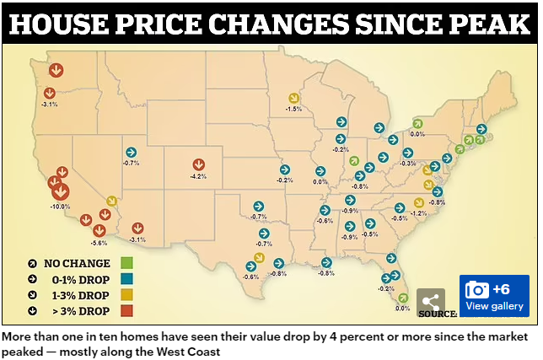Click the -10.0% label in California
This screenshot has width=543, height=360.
60,206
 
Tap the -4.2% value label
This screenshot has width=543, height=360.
199,177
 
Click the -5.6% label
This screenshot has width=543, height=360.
99,242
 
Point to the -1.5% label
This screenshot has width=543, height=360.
293,109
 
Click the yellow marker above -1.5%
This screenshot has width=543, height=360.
293,97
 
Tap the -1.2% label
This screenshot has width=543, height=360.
419,214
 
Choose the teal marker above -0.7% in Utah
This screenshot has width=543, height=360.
131,153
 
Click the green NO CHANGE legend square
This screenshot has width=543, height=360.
129,263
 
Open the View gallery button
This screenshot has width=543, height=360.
494,296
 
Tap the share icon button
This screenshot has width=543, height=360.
430,302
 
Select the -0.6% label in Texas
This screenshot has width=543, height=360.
251,277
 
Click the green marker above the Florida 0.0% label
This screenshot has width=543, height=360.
403,297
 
